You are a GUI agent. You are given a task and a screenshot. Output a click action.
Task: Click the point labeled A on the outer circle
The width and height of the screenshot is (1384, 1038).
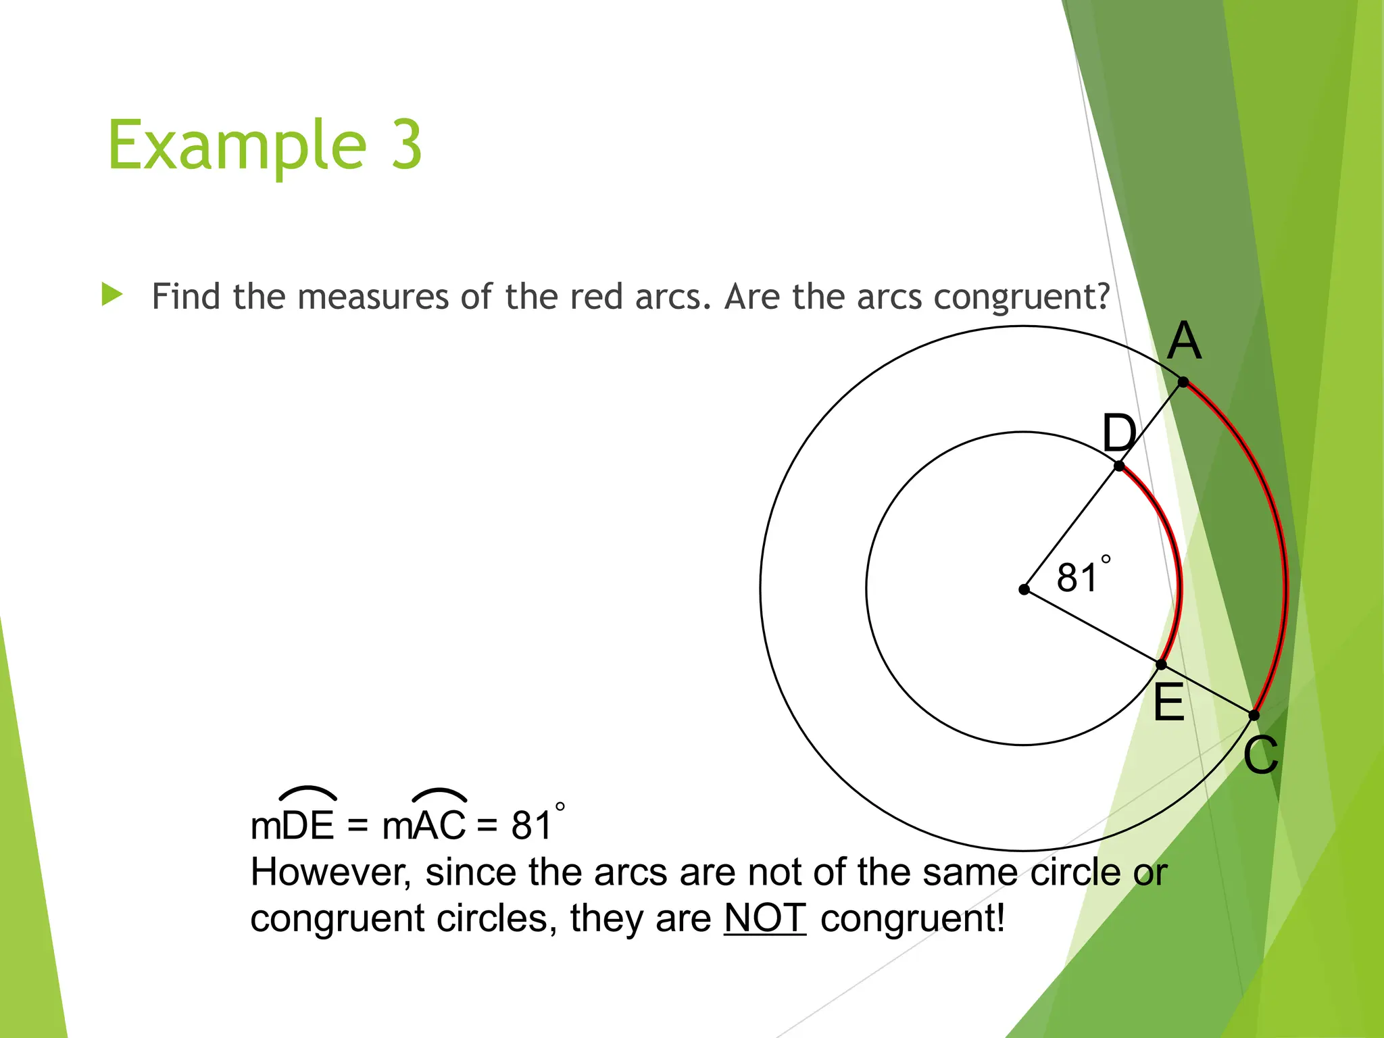click(x=1183, y=382)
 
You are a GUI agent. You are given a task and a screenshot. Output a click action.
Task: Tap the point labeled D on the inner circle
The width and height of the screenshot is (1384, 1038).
click(x=1119, y=466)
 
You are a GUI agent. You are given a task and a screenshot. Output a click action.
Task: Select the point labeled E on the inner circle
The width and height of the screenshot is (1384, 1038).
click(x=1161, y=665)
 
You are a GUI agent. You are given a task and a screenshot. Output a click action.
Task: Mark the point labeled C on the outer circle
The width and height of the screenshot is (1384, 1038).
click(x=1254, y=715)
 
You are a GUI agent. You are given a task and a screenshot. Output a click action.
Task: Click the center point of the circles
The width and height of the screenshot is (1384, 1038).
click(x=1024, y=589)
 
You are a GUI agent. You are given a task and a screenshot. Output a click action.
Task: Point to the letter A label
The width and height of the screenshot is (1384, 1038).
click(x=1185, y=341)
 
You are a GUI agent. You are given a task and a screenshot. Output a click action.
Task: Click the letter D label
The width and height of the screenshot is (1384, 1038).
click(x=1119, y=433)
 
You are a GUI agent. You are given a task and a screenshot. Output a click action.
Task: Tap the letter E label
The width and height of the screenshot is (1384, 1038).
click(x=1168, y=703)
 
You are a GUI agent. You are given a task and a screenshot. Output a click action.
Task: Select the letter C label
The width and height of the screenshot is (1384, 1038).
click(x=1261, y=755)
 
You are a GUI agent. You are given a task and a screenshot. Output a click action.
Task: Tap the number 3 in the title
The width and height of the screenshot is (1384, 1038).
click(x=407, y=145)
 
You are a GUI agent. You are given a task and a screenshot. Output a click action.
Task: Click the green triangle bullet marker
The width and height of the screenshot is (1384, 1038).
click(x=112, y=295)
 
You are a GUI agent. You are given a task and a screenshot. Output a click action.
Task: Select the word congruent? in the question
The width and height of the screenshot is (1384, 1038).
click(x=1022, y=297)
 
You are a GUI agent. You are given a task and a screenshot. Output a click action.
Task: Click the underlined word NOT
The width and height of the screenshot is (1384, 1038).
click(x=765, y=918)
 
